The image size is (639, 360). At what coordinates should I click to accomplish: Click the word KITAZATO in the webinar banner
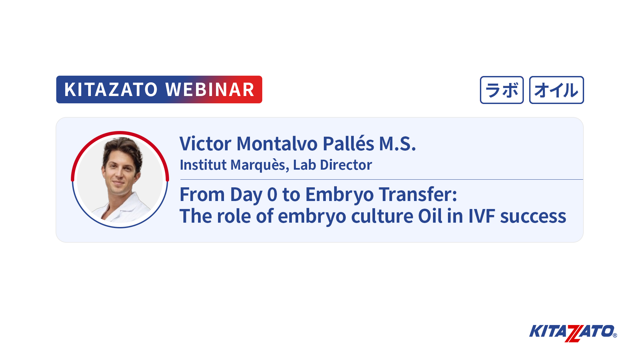pyautogui.click(x=111, y=90)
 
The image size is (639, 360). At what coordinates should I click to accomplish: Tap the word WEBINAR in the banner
pyautogui.click(x=210, y=90)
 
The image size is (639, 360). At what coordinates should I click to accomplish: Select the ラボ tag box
pyautogui.click(x=502, y=90)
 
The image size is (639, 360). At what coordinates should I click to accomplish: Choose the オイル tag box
pyautogui.click(x=556, y=90)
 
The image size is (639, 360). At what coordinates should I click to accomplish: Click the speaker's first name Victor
pyautogui.click(x=205, y=144)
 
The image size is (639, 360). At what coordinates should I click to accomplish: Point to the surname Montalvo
pyautogui.click(x=277, y=144)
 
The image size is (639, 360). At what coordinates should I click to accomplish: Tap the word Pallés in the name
pyautogui.click(x=349, y=144)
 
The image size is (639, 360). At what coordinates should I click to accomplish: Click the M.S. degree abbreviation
pyautogui.click(x=398, y=144)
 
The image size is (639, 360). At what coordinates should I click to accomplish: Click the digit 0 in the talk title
pyautogui.click(x=272, y=194)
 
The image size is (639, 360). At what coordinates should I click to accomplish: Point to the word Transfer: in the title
pyautogui.click(x=418, y=194)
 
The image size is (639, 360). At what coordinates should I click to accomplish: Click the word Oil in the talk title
pyautogui.click(x=430, y=216)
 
